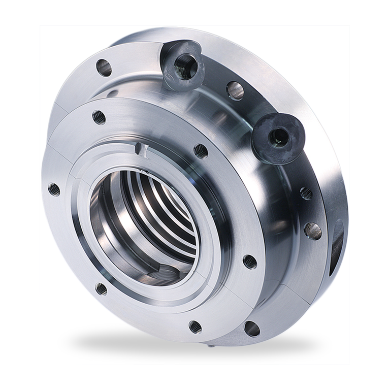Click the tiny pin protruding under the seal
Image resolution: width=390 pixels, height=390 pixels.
point(210,346)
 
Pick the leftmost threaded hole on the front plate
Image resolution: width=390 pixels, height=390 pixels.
point(51,189)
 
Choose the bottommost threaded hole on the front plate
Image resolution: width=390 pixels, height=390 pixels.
point(193,325)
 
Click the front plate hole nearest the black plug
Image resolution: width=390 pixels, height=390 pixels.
point(201,150)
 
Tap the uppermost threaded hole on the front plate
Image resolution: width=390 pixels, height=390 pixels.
point(99,117)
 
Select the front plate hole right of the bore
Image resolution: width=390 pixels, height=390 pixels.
point(248,261)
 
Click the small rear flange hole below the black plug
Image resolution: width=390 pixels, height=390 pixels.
point(306,192)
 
